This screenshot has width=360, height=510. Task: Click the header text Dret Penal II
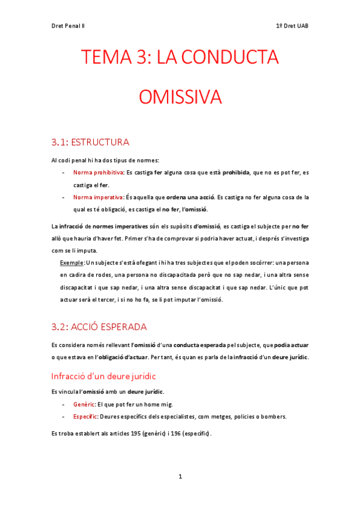[68, 26]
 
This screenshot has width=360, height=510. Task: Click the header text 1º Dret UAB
[291, 26]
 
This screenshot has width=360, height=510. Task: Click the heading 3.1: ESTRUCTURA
[90, 143]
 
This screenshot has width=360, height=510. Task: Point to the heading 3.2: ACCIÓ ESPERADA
[99, 327]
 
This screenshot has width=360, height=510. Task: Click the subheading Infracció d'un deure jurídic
[104, 376]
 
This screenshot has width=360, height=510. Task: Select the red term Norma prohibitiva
[94, 173]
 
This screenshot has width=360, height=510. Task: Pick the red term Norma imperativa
[94, 197]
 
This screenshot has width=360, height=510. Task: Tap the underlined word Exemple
[72, 263]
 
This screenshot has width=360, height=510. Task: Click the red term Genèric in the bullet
[84, 404]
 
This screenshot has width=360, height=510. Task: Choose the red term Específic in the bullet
[86, 416]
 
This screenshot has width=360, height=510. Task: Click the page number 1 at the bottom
[180, 477]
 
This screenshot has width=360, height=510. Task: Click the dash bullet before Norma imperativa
[64, 197]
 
